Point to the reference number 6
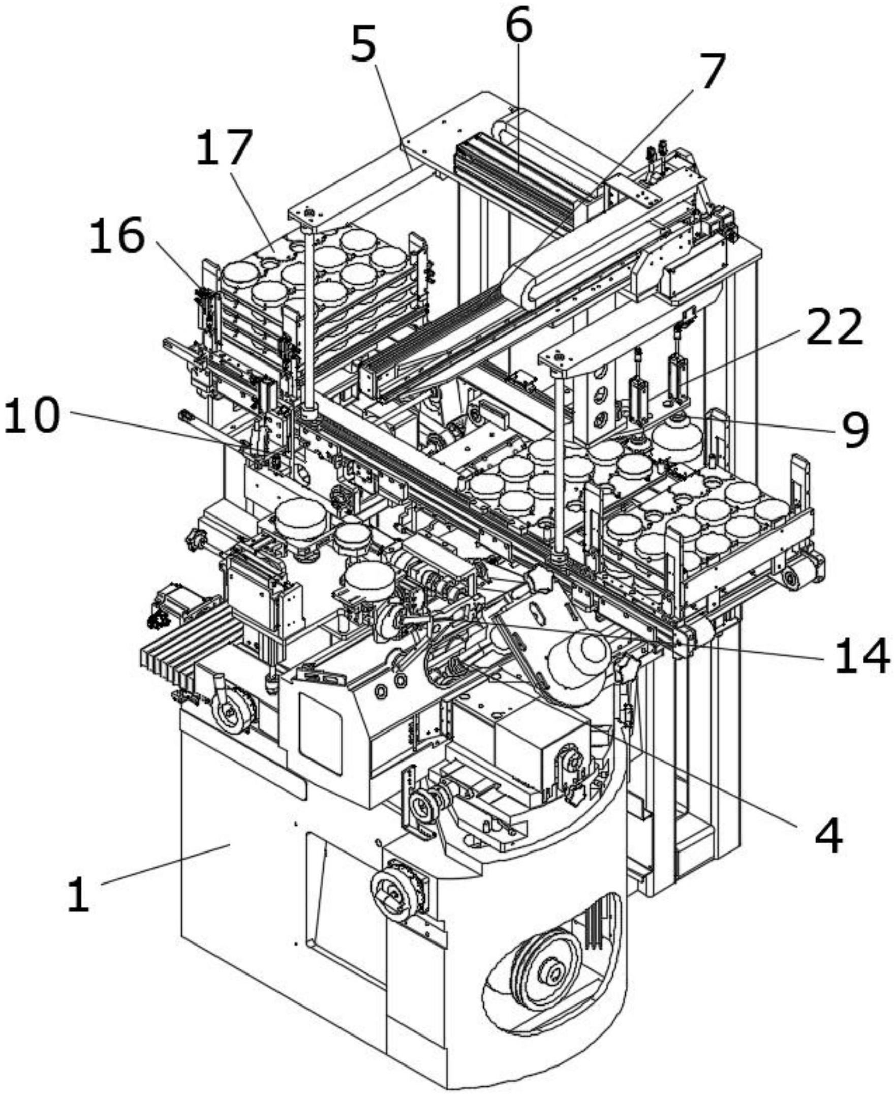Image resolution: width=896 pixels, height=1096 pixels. point(518,25)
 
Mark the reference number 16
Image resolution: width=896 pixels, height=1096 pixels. point(117,235)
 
